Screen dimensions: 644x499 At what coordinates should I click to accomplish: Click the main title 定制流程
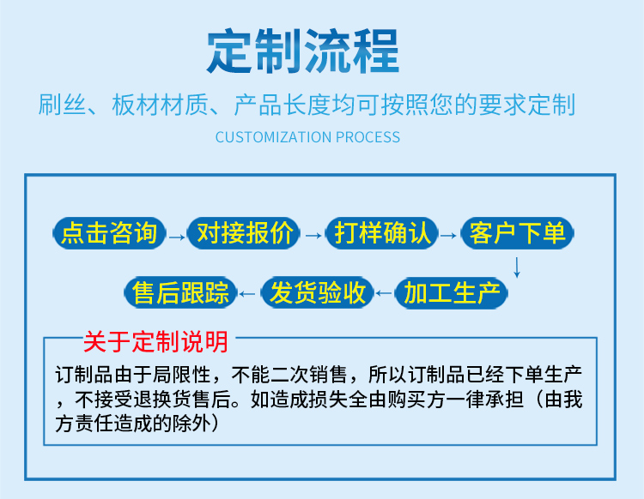[x=303, y=51]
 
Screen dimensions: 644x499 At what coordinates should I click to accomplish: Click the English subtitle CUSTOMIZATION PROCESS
[x=307, y=137]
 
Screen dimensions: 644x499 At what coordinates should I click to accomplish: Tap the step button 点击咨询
[x=109, y=233]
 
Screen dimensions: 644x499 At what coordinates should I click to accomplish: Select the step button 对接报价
[x=244, y=233]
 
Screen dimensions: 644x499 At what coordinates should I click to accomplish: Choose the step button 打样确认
[x=381, y=233]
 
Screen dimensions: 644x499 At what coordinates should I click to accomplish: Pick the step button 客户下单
[x=517, y=233]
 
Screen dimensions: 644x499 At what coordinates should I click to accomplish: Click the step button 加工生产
[x=452, y=292]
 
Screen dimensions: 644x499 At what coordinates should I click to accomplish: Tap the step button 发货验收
[x=317, y=292]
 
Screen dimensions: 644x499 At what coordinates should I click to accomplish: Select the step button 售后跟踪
[x=180, y=292]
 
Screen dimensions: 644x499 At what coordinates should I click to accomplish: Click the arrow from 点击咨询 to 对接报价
[x=177, y=237]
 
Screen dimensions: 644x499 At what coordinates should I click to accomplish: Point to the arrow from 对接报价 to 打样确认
[x=313, y=236]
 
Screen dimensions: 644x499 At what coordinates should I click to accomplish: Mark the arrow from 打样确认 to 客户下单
[x=448, y=236]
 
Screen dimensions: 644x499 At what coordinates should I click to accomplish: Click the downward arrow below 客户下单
[x=517, y=268]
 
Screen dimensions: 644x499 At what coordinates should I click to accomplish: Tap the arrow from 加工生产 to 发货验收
[x=384, y=293]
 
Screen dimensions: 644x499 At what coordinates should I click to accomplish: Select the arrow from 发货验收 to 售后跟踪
[x=247, y=293]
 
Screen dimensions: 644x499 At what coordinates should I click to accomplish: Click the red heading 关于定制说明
[x=155, y=341]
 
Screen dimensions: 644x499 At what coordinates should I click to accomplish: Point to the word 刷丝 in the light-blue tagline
[x=62, y=105]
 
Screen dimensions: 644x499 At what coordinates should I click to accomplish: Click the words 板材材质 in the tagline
[x=161, y=105]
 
